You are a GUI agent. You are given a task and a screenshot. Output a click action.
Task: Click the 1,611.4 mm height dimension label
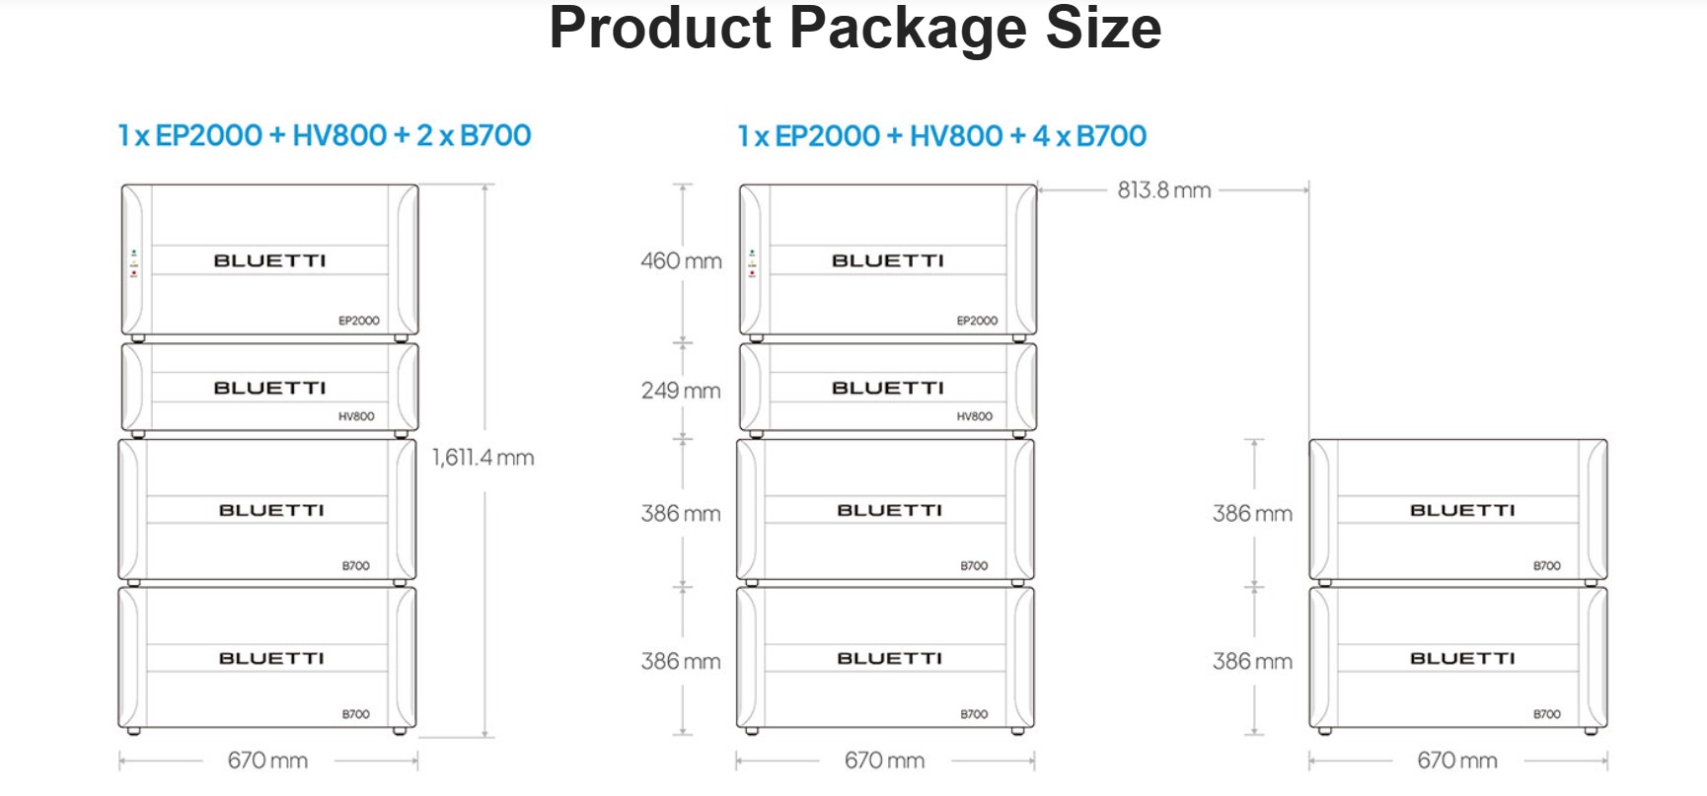(x=482, y=458)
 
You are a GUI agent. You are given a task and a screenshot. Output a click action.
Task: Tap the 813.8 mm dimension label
(x=1164, y=190)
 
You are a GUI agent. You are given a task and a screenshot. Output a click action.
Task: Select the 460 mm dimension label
(x=681, y=261)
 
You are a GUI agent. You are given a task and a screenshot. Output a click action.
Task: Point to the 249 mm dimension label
(x=681, y=391)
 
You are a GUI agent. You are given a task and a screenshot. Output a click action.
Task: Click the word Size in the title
(x=1103, y=28)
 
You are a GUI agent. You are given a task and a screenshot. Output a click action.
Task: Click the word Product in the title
(x=659, y=28)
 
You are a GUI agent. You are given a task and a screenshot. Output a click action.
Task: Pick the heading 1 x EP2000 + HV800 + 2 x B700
(x=325, y=135)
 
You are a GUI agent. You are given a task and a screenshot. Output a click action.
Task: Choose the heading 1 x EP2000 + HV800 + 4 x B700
(x=942, y=136)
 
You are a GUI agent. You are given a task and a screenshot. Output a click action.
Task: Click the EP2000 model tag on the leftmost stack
(x=359, y=321)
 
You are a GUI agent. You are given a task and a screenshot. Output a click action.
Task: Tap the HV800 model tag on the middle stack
(x=975, y=416)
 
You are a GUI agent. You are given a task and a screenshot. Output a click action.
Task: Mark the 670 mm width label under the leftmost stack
(x=267, y=760)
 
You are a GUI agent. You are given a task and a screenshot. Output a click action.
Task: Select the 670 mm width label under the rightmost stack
(x=1457, y=760)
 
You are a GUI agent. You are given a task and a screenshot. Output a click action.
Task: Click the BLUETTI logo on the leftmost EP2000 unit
(x=269, y=260)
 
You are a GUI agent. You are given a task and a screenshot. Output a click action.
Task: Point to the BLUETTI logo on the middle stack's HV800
(x=888, y=388)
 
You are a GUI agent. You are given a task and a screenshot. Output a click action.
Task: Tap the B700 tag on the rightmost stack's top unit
(x=1547, y=566)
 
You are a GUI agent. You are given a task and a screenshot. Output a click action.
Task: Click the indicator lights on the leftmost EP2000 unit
(x=134, y=263)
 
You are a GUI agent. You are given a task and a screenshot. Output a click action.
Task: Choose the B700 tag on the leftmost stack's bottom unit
(x=356, y=714)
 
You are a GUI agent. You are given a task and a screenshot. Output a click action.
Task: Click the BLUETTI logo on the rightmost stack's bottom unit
(x=1462, y=658)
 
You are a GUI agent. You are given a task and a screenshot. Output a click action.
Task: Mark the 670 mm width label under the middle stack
(x=884, y=760)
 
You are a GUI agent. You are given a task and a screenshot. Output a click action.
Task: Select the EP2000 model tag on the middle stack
(x=977, y=321)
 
